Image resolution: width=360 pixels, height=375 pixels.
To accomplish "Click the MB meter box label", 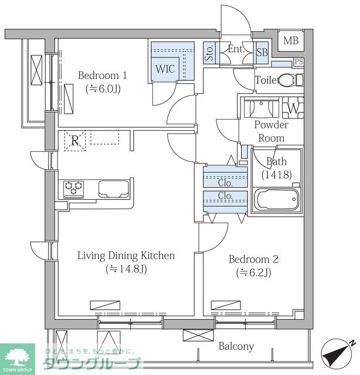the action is click(x=291, y=40).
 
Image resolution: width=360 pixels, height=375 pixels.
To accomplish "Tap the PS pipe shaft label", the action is click(x=298, y=62).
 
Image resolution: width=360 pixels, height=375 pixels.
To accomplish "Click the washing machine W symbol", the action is click(x=293, y=108).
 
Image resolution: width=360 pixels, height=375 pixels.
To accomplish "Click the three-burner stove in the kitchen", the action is click(x=74, y=189).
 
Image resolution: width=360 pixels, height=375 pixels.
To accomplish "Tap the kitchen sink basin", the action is click(x=114, y=189).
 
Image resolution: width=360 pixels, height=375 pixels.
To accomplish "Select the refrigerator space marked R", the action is click(x=75, y=141).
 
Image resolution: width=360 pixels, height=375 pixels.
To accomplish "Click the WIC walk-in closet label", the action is click(x=165, y=69).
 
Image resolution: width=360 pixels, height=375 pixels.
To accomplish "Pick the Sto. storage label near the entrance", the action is click(x=209, y=53).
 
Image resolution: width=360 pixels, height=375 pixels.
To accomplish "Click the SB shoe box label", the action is click(x=262, y=52).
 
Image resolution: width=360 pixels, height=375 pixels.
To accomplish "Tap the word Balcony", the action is click(x=236, y=346).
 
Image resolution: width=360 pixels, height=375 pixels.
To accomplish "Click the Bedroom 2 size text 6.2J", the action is click(x=253, y=272).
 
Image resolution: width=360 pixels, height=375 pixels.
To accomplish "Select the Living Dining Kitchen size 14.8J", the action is click(x=126, y=269).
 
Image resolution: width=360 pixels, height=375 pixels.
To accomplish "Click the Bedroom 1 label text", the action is click(x=103, y=76).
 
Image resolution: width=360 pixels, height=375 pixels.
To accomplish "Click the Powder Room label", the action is click(x=271, y=131).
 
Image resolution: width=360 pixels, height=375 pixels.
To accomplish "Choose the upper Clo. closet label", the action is click(x=225, y=183).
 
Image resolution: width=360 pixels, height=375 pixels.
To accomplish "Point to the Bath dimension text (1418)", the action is click(x=277, y=175).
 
